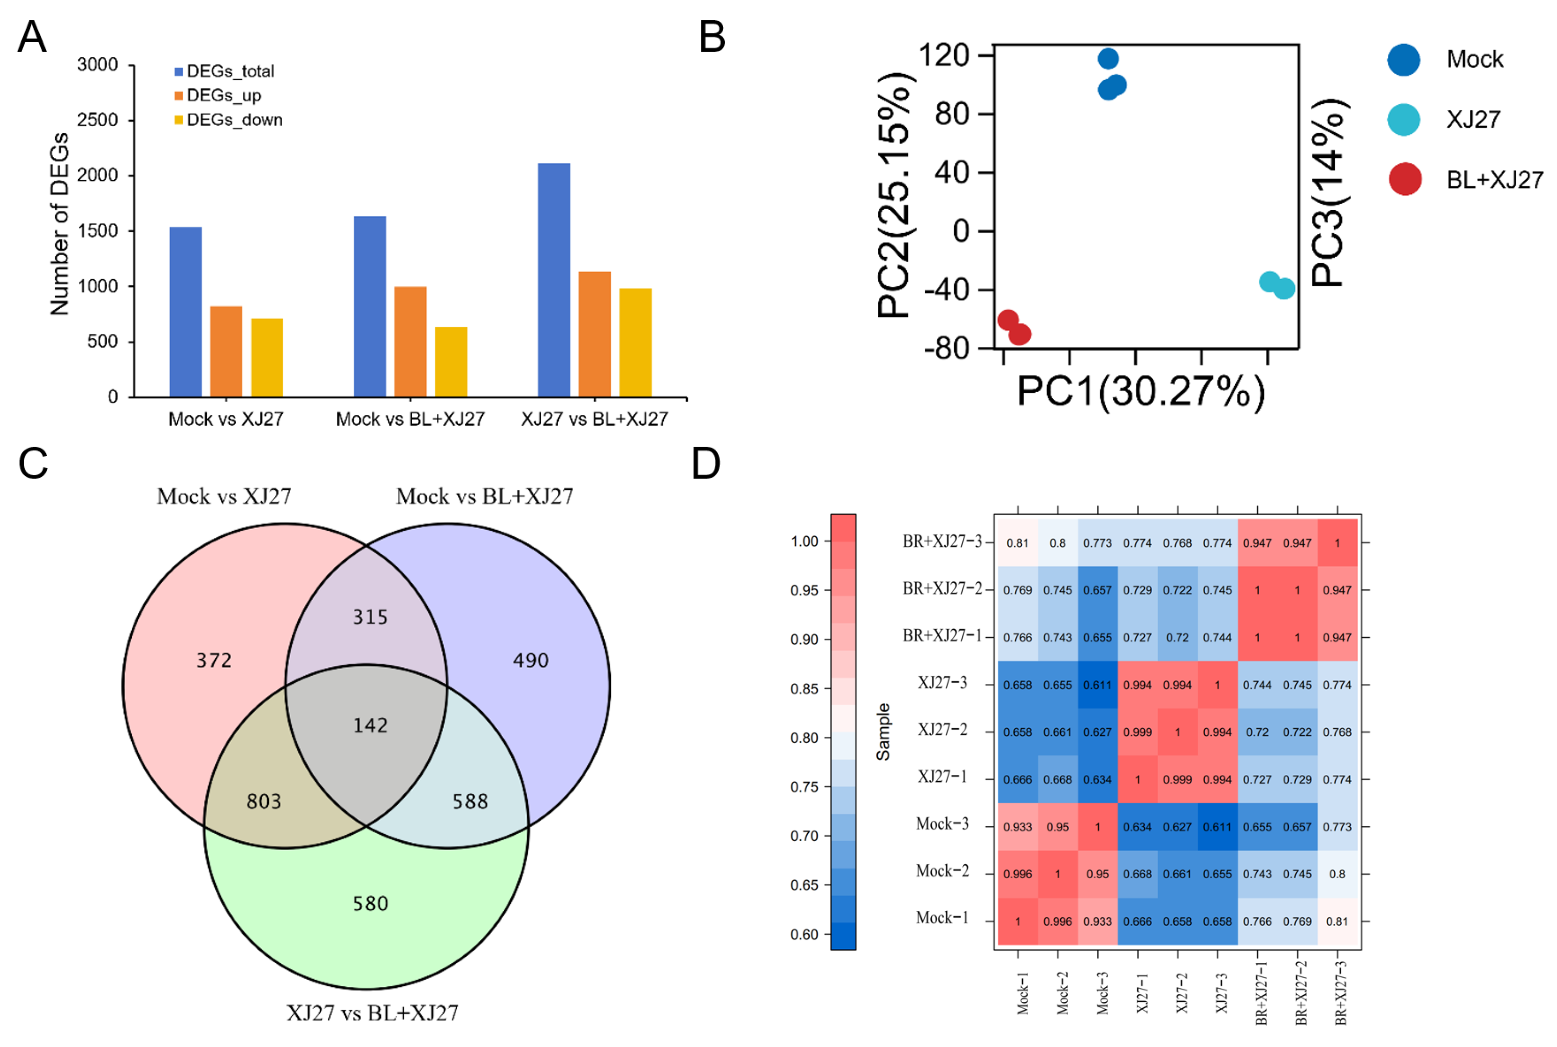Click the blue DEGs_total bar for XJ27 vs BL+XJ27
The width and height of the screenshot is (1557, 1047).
(553, 280)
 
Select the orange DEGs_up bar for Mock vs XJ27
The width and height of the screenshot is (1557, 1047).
(226, 351)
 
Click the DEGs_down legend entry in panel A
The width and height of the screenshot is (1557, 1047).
(234, 120)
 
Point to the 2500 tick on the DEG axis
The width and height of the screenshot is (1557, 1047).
(98, 120)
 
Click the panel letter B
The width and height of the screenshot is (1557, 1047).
(712, 37)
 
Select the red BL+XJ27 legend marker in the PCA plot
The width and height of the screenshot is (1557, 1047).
(1405, 179)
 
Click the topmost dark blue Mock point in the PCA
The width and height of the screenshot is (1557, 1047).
(1108, 59)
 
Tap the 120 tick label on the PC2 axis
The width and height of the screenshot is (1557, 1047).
(944, 55)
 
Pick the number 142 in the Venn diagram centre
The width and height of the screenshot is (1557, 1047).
(370, 725)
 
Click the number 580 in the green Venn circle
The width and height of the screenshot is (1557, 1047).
(370, 903)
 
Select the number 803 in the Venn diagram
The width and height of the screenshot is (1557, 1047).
(264, 801)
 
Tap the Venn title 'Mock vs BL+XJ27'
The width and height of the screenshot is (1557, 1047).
(484, 496)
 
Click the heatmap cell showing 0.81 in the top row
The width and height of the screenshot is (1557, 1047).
(1017, 543)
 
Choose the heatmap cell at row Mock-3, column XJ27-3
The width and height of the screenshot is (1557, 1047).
(1217, 827)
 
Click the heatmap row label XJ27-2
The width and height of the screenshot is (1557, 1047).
(942, 729)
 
